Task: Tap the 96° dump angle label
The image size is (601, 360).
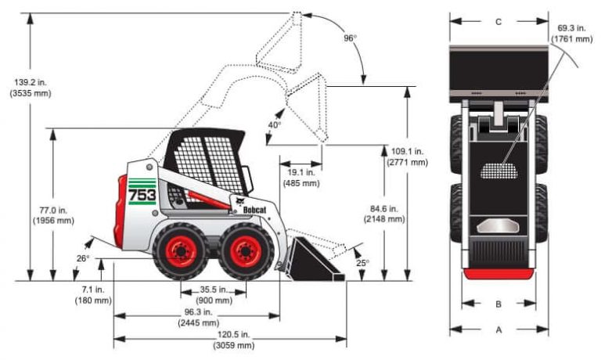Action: [x=350, y=38]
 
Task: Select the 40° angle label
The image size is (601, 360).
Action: [x=274, y=124]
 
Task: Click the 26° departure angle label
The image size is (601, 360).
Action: [x=83, y=258]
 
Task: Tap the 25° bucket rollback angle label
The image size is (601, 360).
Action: [x=362, y=262]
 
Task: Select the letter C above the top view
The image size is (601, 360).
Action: [x=498, y=22]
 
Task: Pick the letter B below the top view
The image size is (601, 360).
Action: [x=498, y=304]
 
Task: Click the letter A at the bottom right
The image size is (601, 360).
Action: [x=498, y=330]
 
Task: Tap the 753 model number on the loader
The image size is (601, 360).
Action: [x=142, y=194]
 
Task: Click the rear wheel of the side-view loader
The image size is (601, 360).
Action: [x=180, y=251]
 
